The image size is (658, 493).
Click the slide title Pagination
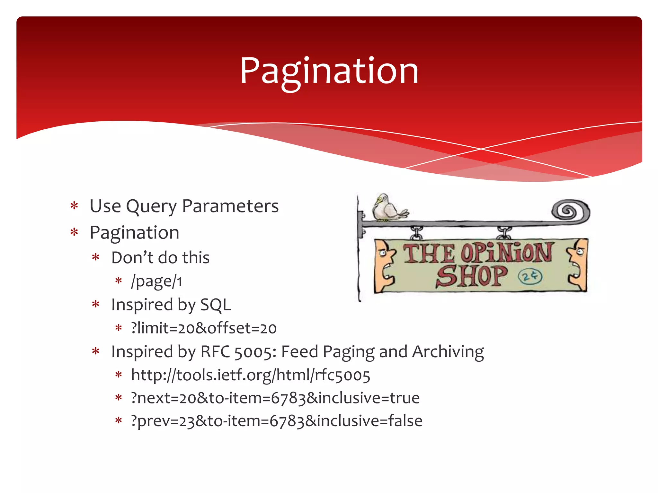[329, 71]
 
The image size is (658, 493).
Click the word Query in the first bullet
[151, 206]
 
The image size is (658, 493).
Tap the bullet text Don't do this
[160, 257]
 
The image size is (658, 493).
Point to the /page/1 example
[156, 281]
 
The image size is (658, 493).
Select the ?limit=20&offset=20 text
[204, 328]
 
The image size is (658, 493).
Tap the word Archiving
[448, 352]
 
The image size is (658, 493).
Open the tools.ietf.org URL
[251, 375]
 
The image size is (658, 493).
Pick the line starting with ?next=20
[275, 398]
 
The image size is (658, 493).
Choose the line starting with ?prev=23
[276, 421]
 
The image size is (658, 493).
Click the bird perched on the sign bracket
[387, 208]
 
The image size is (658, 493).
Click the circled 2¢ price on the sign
[530, 276]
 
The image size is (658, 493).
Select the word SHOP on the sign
[471, 276]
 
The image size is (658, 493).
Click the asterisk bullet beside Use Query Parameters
[74, 206]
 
